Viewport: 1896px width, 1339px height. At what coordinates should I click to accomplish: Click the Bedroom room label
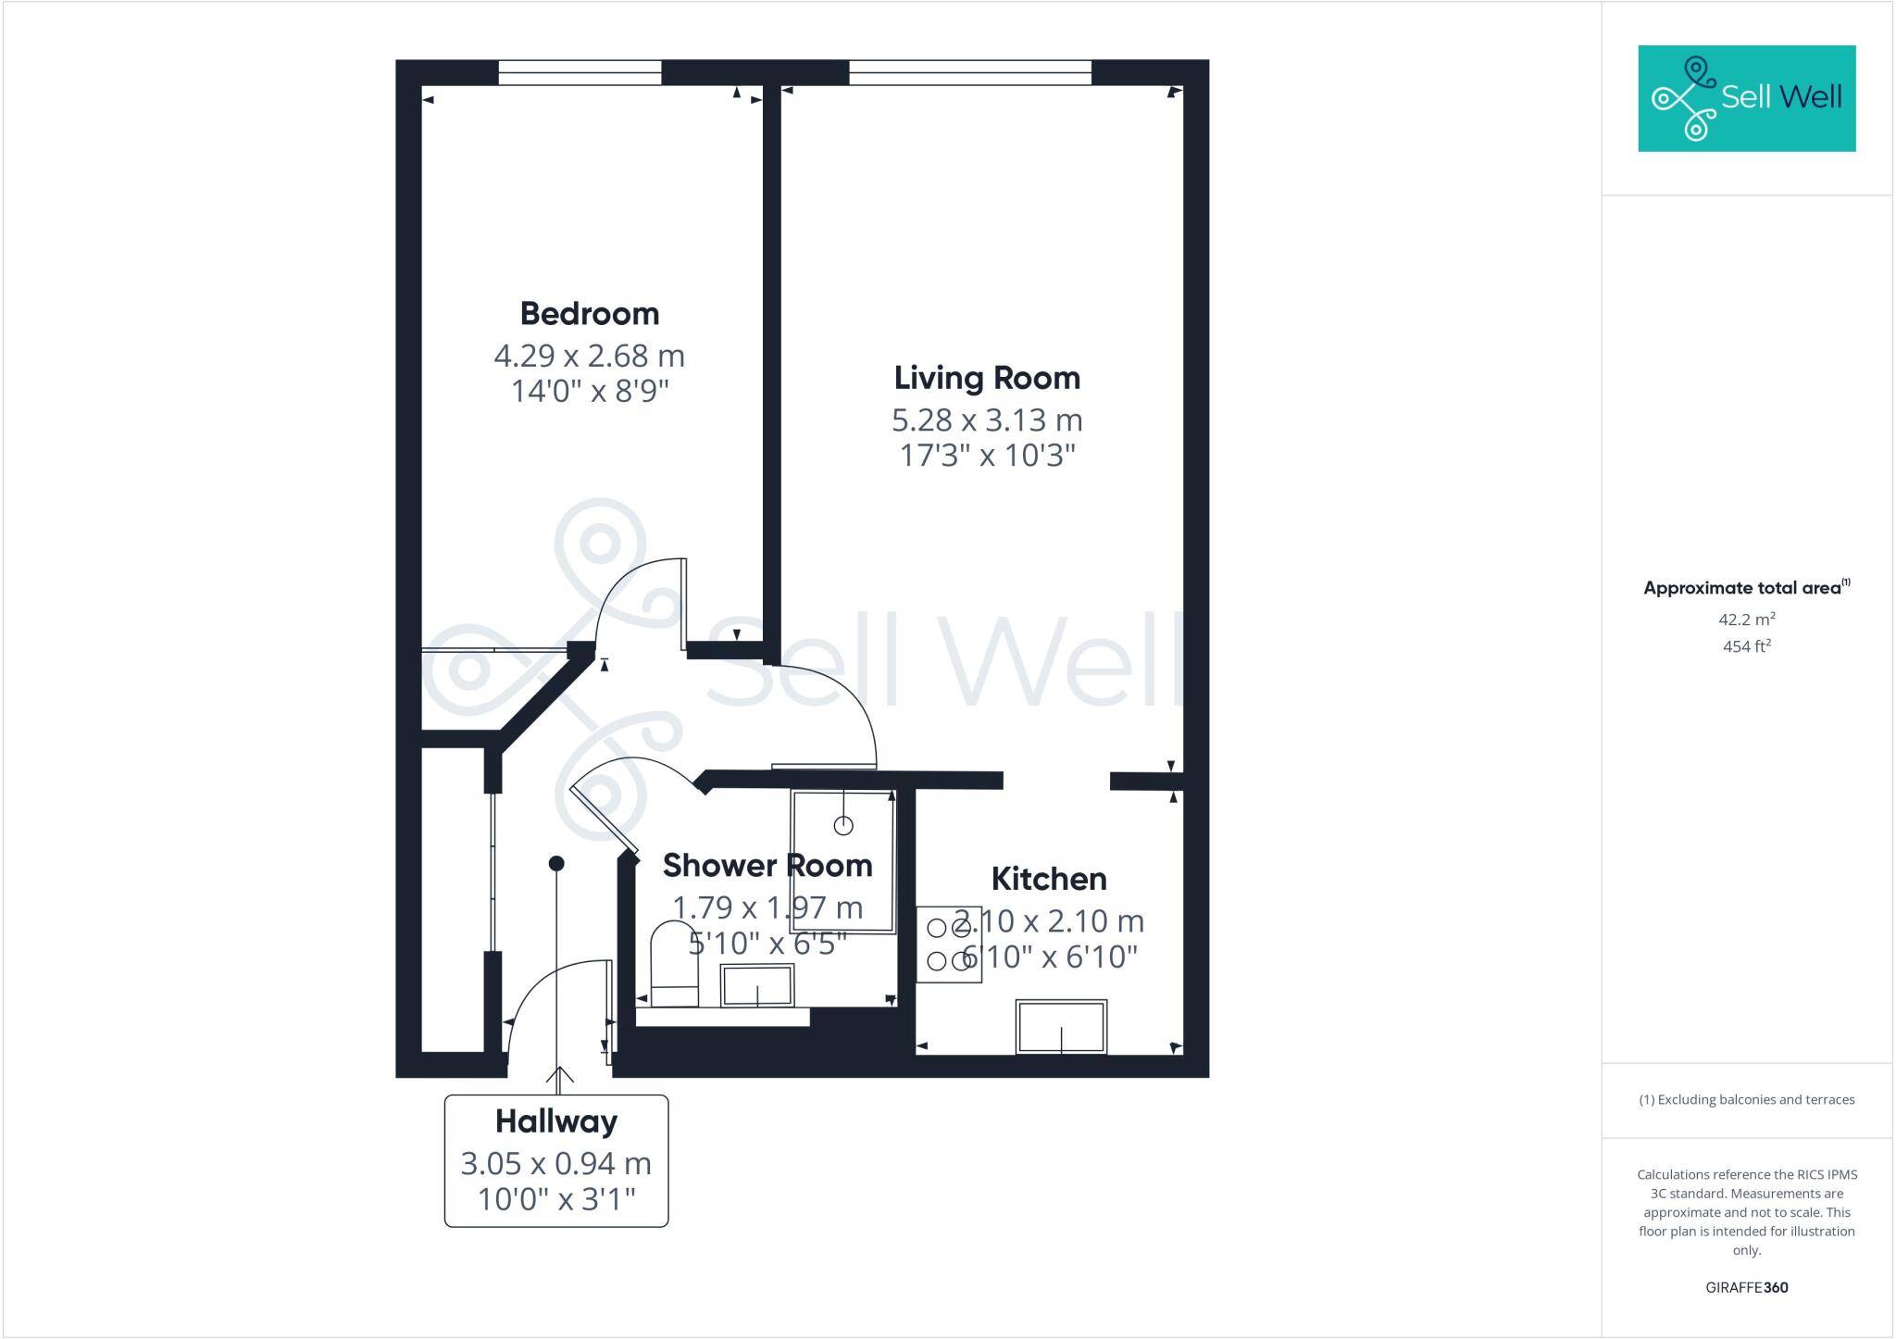click(x=589, y=314)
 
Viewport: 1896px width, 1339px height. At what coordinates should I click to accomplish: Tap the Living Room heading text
click(x=987, y=378)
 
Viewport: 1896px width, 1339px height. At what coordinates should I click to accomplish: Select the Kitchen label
click(x=1048, y=879)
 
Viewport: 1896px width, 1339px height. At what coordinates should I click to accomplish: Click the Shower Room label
click(x=767, y=865)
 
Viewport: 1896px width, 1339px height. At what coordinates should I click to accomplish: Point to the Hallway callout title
click(x=555, y=1121)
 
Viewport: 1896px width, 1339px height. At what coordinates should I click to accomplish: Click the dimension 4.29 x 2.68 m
click(x=589, y=356)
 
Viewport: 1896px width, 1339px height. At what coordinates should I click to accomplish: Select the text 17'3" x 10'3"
click(x=987, y=456)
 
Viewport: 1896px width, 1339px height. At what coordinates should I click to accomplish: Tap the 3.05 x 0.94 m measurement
click(x=555, y=1164)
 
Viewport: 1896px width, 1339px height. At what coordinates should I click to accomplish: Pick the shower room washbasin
click(x=757, y=985)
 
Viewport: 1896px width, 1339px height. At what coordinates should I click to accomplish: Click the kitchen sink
click(x=1061, y=1026)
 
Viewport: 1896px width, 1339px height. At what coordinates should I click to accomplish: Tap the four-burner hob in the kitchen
click(x=948, y=945)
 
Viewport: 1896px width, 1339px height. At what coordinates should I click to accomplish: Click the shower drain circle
click(x=842, y=824)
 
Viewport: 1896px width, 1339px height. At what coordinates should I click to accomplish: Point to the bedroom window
click(x=580, y=72)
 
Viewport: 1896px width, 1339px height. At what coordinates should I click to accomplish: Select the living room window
click(x=969, y=72)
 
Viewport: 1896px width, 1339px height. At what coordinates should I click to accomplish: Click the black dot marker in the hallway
click(x=556, y=863)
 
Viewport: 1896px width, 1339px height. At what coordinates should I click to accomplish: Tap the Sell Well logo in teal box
click(x=1746, y=98)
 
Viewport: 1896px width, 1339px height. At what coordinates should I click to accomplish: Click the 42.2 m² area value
click(x=1746, y=619)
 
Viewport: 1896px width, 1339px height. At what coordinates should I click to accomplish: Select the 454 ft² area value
click(x=1746, y=646)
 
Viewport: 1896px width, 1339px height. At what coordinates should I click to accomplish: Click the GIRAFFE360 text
click(x=1746, y=1287)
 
